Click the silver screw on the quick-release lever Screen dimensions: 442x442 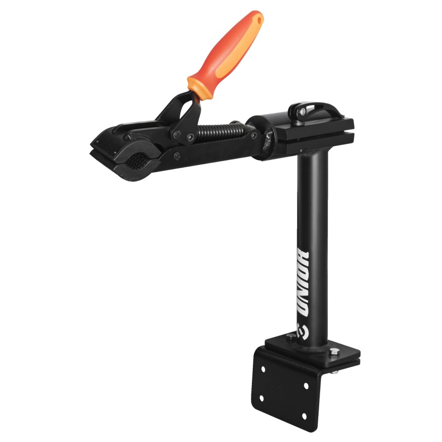[302, 112]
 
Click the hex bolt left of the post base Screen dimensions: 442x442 [290, 337]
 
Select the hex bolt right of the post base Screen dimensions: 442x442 [334, 351]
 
